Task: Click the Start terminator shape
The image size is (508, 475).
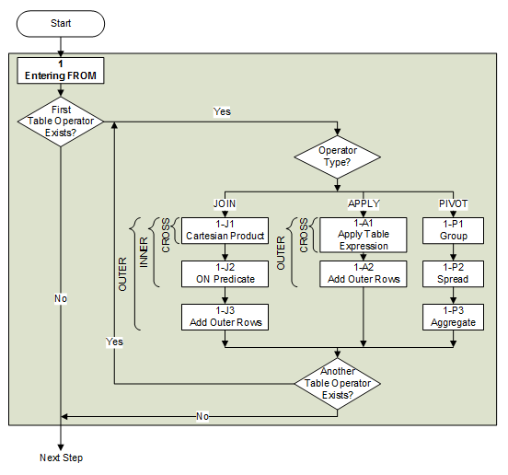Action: [x=60, y=21]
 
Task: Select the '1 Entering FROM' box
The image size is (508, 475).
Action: [x=60, y=70]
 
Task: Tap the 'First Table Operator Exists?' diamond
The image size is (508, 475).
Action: [x=60, y=122]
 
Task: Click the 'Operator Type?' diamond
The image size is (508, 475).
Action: [x=338, y=156]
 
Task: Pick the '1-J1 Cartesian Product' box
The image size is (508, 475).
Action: [x=225, y=229]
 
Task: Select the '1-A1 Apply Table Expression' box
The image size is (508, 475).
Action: [x=363, y=234]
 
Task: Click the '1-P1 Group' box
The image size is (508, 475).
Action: [x=453, y=229]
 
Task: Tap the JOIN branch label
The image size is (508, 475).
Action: [x=225, y=202]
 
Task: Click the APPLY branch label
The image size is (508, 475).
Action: [x=363, y=202]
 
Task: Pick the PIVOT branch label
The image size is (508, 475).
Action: [x=453, y=202]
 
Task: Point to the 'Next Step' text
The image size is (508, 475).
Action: [x=60, y=458]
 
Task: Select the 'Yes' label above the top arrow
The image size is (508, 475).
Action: [x=222, y=111]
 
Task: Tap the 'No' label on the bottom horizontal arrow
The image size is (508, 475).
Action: [x=201, y=416]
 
